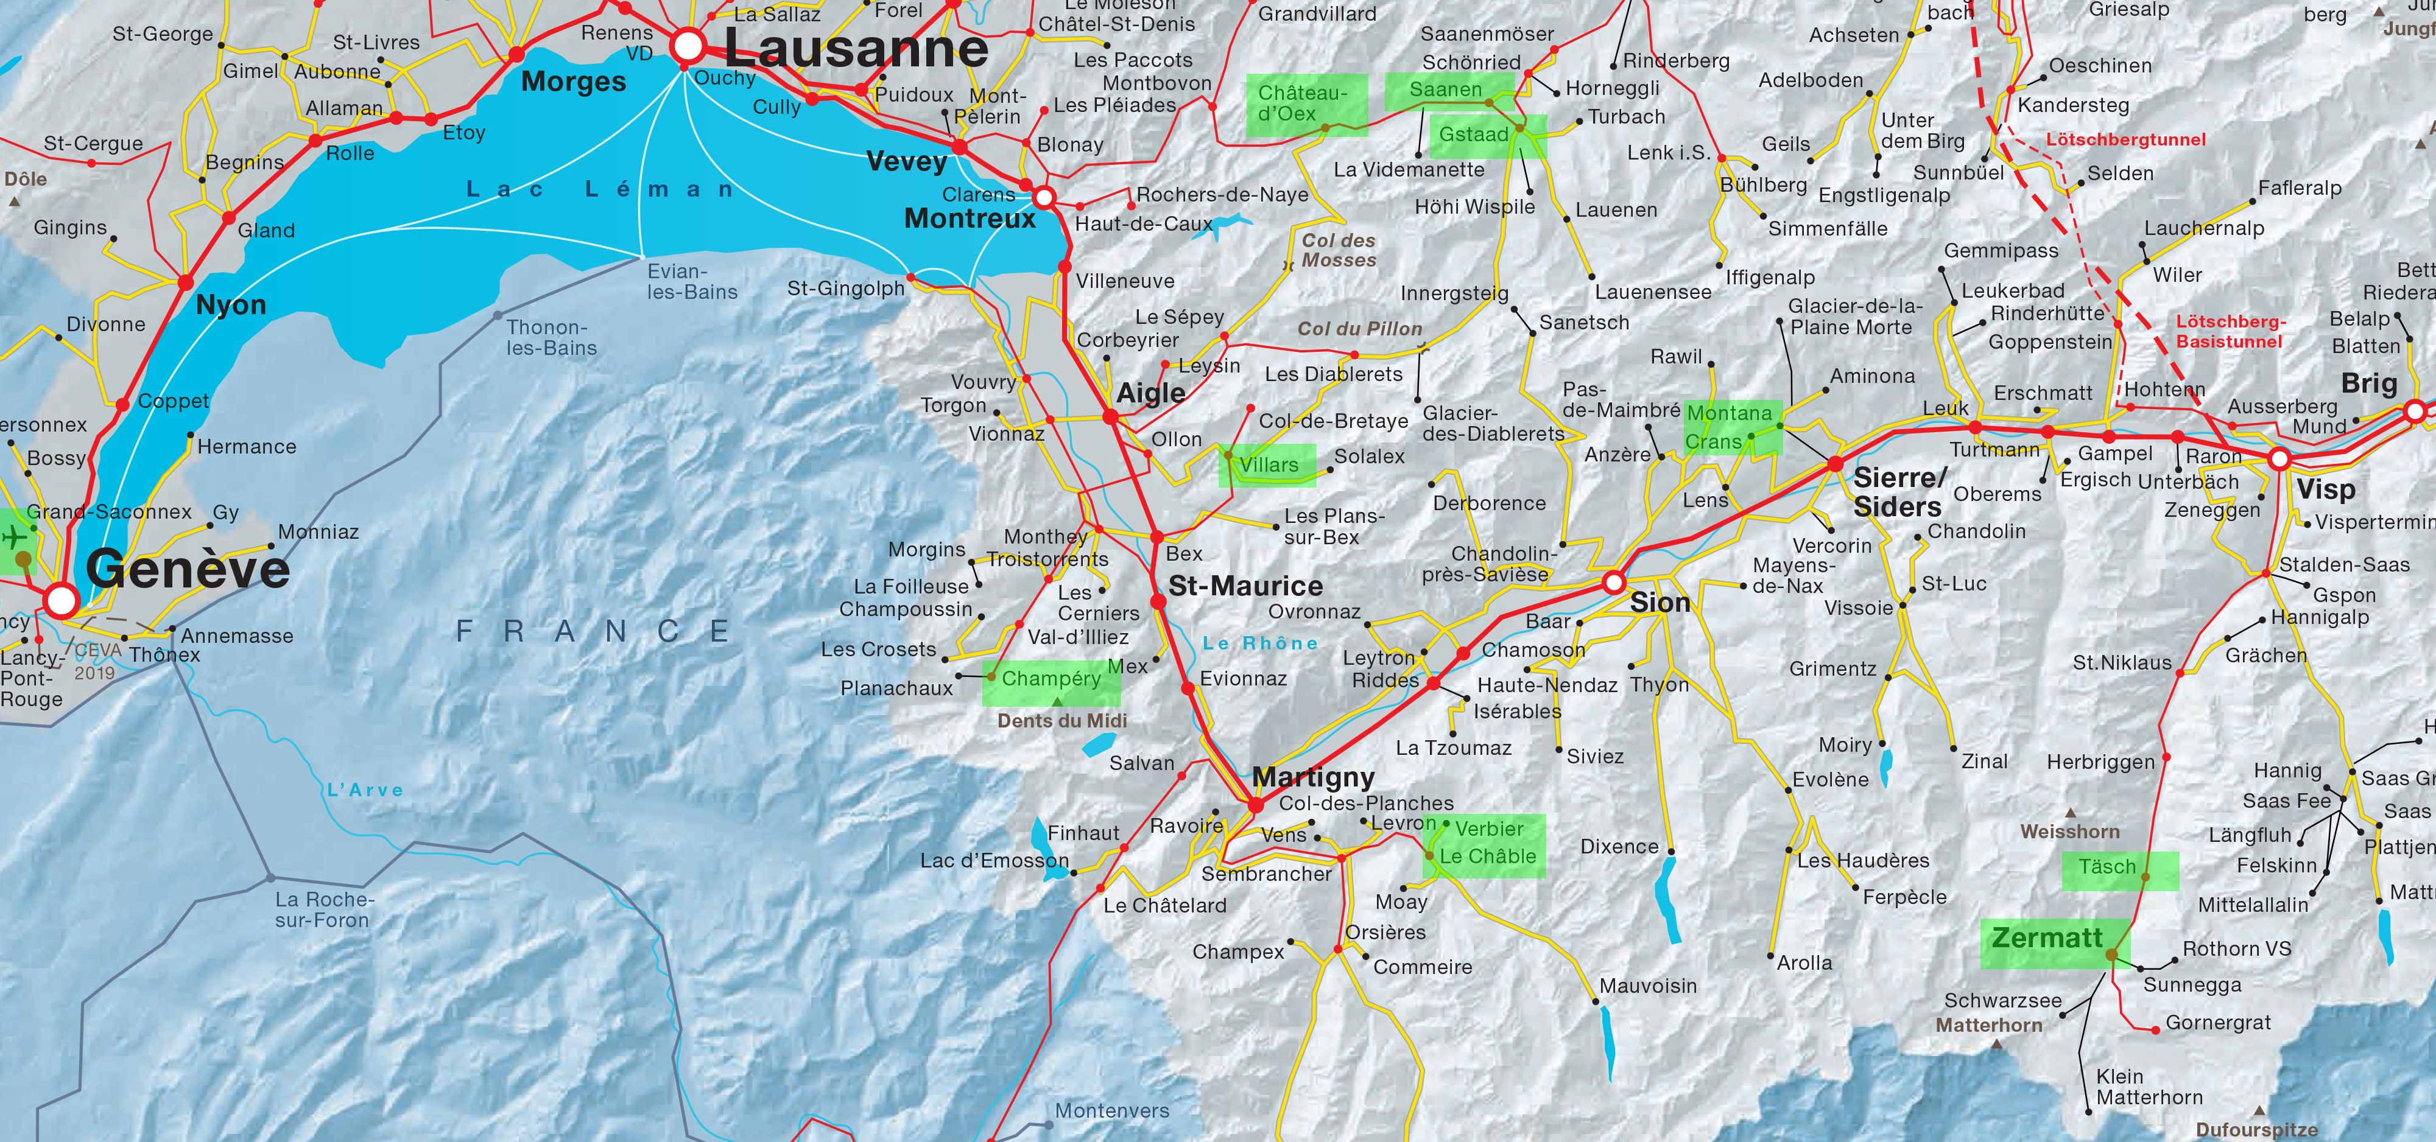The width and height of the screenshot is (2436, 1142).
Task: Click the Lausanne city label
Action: point(856,49)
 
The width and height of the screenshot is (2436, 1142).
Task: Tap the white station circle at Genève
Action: point(62,600)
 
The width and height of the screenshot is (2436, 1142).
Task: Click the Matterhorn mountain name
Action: point(1989,1025)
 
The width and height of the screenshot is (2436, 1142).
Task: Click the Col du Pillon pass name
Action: point(1359,329)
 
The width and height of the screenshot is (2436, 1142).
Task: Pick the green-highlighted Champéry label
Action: point(1050,679)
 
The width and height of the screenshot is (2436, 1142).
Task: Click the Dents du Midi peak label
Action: point(1062,720)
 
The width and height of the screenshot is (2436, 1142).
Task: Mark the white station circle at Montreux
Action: point(1044,198)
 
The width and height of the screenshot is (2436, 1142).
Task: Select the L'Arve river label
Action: point(365,790)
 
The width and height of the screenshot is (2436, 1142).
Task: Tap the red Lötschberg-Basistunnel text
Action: point(2230,332)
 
